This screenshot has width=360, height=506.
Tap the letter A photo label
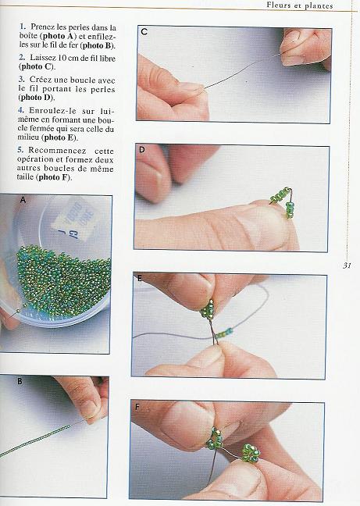[23, 201]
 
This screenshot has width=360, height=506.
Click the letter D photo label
[141, 150]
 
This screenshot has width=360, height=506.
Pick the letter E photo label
[139, 278]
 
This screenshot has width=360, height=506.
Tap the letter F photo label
[137, 407]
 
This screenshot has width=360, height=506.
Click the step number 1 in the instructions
[22, 27]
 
